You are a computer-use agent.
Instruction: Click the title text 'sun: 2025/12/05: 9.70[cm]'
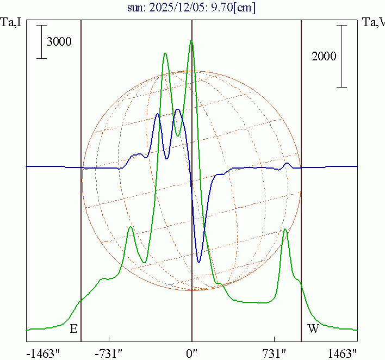click(192, 8)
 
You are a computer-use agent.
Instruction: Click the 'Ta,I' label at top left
click(11, 22)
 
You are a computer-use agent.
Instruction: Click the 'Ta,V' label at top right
click(373, 22)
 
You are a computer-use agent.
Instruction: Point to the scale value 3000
click(59, 42)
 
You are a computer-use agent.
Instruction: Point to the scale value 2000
click(324, 56)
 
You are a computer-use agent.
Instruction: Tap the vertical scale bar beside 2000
click(341, 56)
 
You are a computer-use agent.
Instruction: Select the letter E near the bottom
click(73, 328)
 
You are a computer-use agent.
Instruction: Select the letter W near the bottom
click(313, 328)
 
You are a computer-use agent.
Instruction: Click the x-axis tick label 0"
click(192, 353)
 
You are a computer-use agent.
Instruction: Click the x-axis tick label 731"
click(275, 353)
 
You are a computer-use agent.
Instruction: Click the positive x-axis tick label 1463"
click(343, 353)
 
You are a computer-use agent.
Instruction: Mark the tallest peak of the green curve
click(191, 41)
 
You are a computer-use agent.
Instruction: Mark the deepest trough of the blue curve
click(199, 263)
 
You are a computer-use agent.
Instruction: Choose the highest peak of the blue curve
click(177, 109)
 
